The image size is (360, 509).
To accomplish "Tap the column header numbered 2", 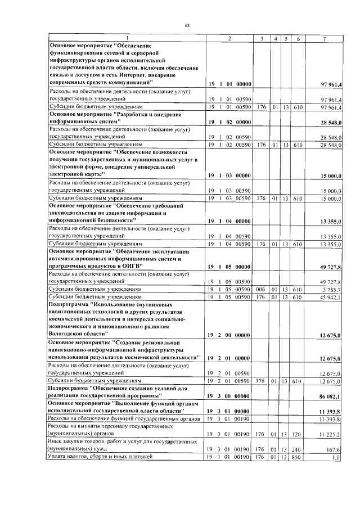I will [229, 38].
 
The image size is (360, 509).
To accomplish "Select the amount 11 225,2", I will [331, 434].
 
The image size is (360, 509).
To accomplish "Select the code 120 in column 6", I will [298, 434].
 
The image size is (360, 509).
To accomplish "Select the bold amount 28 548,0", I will [331, 121].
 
